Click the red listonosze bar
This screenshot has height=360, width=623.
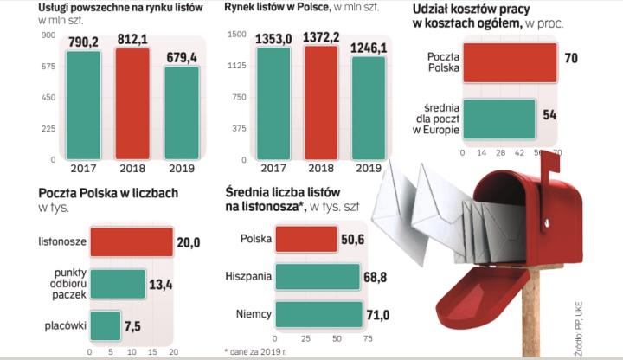pyautogui.click(x=131, y=241)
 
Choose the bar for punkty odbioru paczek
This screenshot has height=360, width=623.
pyautogui.click(x=118, y=283)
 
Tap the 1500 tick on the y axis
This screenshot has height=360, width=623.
pyautogui.click(x=237, y=35)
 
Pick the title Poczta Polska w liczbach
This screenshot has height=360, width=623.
pyautogui.click(x=108, y=193)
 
